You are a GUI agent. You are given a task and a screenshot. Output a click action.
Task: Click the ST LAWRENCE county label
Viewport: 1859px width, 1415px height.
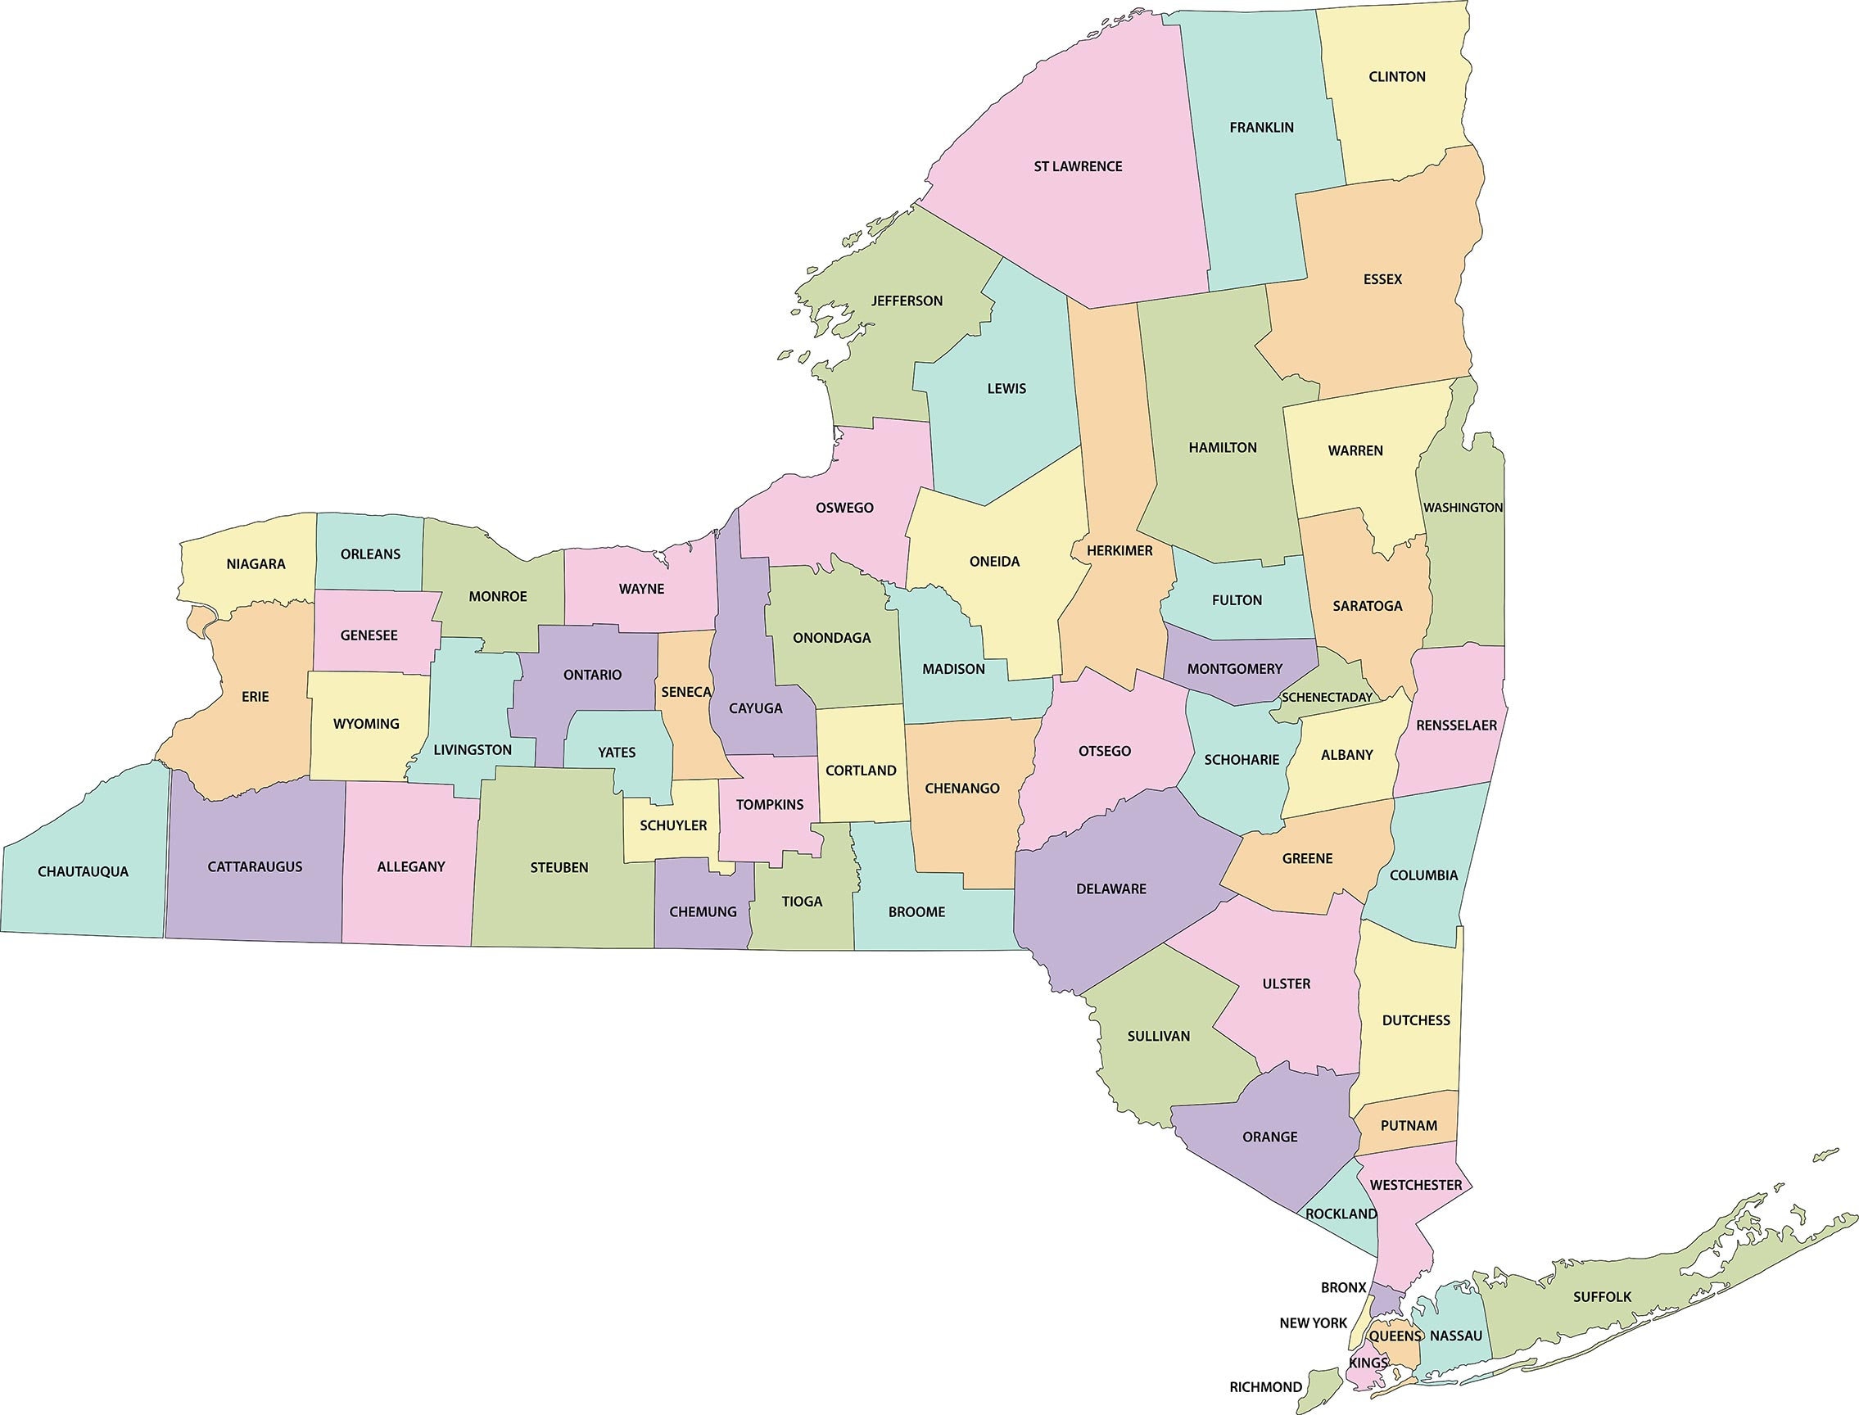[1078, 167]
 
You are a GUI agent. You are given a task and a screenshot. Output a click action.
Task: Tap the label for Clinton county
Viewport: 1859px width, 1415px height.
[1396, 77]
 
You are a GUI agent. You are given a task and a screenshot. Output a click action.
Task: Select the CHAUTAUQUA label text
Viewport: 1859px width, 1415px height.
[83, 872]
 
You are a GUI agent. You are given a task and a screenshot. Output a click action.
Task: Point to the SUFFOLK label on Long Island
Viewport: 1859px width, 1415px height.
[1602, 1297]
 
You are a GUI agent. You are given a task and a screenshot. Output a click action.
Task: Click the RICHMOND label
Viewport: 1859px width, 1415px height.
[1265, 1387]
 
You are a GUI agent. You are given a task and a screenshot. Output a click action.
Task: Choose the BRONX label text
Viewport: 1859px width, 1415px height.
[1343, 1288]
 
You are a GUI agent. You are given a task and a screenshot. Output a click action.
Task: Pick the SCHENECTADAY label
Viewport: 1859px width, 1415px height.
[1327, 698]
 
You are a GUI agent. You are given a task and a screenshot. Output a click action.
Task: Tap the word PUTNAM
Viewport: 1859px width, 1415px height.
[1409, 1126]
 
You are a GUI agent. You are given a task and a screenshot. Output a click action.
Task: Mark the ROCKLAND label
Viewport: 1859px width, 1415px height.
[1340, 1214]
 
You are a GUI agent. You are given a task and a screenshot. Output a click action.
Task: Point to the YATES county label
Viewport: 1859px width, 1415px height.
[617, 753]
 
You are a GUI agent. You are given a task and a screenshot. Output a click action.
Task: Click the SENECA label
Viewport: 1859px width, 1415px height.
[685, 691]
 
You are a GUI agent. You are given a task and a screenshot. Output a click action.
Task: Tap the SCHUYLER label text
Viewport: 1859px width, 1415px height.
[673, 825]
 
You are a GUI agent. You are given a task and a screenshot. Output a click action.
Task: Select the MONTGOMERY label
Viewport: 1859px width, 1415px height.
[1234, 669]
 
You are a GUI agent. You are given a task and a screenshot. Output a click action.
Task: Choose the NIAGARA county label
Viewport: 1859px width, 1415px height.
[256, 564]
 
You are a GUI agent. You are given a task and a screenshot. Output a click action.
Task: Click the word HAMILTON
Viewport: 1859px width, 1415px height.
[1222, 448]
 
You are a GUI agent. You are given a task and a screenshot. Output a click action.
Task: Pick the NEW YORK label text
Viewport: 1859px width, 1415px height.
[1314, 1323]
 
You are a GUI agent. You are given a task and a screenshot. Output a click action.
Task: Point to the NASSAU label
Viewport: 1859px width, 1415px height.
[1455, 1336]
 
